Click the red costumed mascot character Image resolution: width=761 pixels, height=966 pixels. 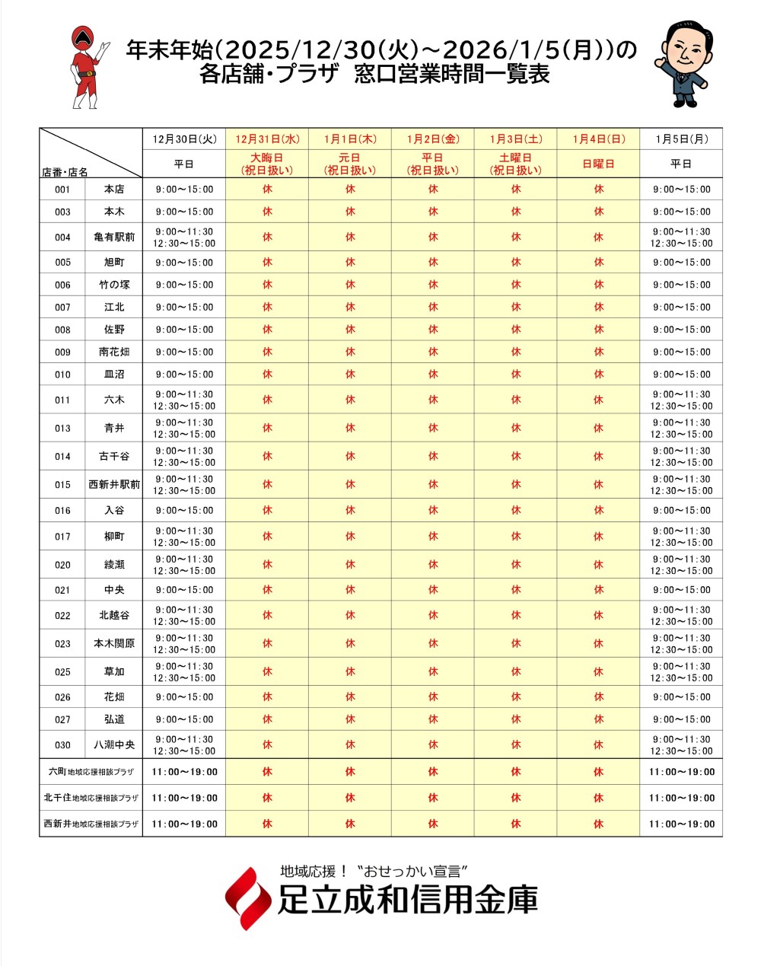click(x=85, y=67)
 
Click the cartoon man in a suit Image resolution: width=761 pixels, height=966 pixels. click(x=682, y=62)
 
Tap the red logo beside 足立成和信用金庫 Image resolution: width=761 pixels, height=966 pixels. click(x=248, y=898)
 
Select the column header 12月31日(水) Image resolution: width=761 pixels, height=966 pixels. click(x=267, y=139)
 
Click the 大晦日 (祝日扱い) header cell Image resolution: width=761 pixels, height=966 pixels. click(x=267, y=164)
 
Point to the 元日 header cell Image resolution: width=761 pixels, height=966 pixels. click(x=350, y=164)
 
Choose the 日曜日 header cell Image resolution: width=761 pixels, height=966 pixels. click(x=598, y=164)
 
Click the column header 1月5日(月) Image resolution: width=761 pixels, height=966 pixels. click(x=681, y=139)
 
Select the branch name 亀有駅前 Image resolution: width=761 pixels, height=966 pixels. click(x=114, y=238)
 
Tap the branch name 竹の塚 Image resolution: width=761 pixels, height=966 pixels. click(x=114, y=285)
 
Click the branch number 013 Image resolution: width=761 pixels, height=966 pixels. click(x=62, y=429)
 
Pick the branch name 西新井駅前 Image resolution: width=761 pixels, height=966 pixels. click(x=114, y=485)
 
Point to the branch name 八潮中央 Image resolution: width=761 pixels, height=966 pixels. click(x=114, y=745)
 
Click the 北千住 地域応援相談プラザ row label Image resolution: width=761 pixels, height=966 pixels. click(x=91, y=798)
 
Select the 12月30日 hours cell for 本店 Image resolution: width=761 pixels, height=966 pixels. click(x=184, y=190)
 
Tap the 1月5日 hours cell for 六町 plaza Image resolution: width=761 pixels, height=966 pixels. click(x=681, y=772)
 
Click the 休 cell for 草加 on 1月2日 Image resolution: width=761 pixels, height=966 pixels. click(x=433, y=672)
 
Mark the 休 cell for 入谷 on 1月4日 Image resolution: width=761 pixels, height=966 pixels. click(x=598, y=511)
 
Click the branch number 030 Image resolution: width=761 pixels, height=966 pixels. click(x=62, y=745)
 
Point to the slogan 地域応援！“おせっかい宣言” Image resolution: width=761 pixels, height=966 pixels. click(x=373, y=871)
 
